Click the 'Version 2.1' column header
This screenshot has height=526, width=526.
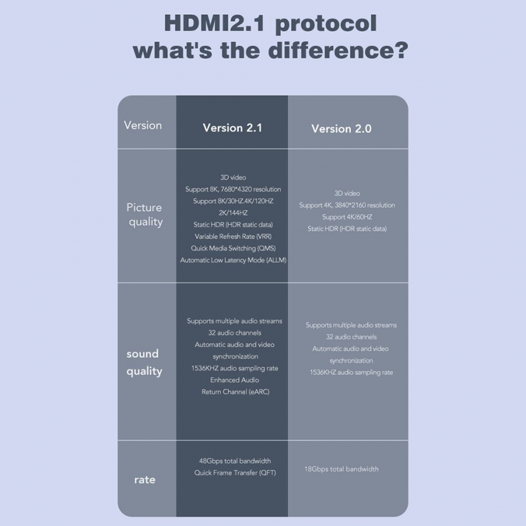tap(232, 128)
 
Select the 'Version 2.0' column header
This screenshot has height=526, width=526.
tap(341, 129)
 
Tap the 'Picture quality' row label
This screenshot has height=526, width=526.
tap(145, 215)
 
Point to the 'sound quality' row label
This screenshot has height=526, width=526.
tap(144, 362)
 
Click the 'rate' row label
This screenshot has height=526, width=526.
tap(145, 480)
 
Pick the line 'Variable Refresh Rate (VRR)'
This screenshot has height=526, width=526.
tap(233, 236)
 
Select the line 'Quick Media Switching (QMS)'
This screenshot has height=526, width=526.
tap(233, 248)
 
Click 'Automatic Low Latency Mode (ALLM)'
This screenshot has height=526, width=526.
tap(233, 260)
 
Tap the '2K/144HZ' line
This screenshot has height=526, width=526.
tap(233, 213)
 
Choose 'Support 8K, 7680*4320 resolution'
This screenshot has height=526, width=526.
tap(233, 189)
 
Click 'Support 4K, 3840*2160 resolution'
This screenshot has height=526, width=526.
tap(347, 205)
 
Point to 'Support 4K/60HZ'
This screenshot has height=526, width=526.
tap(347, 217)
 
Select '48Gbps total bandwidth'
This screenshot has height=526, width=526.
tap(235, 461)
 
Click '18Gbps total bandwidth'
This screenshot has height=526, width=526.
tap(342, 469)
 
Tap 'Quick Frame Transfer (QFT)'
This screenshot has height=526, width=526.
tap(235, 473)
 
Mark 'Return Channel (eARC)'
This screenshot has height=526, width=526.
tap(235, 392)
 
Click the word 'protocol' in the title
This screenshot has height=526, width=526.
tap(326, 24)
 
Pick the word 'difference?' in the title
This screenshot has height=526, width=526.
tap(338, 50)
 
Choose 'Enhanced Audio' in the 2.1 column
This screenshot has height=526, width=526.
tap(235, 380)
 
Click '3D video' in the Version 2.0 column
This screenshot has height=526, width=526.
tap(347, 193)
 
